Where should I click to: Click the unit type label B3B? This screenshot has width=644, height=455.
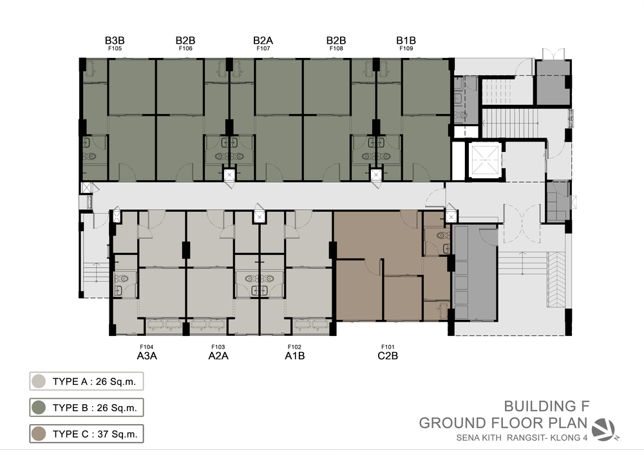[x=115, y=41]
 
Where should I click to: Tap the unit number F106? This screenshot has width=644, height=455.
[x=185, y=48]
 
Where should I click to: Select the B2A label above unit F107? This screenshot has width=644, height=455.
[x=263, y=41]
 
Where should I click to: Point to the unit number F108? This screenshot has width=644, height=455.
[x=336, y=48]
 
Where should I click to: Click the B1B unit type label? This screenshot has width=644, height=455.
[x=406, y=41]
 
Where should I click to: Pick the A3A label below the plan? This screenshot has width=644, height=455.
[x=147, y=356]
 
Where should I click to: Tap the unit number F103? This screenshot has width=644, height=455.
[x=218, y=347]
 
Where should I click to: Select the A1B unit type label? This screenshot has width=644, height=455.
[x=294, y=356]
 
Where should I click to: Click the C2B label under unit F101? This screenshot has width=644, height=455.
[x=388, y=356]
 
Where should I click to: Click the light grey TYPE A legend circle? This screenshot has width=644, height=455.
[x=39, y=381]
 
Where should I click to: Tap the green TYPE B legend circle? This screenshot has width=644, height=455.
[x=39, y=407]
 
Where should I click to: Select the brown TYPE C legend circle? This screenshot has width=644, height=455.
[x=39, y=434]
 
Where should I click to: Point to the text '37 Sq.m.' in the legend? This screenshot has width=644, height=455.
[x=117, y=434]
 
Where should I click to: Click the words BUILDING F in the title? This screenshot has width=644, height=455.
[x=547, y=406]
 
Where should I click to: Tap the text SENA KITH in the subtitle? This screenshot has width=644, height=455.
[x=478, y=438]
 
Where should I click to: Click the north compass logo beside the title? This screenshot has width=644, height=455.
[x=605, y=429]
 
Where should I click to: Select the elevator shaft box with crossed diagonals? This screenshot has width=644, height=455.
[x=485, y=160]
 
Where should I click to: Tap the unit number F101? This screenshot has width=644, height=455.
[x=388, y=347]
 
